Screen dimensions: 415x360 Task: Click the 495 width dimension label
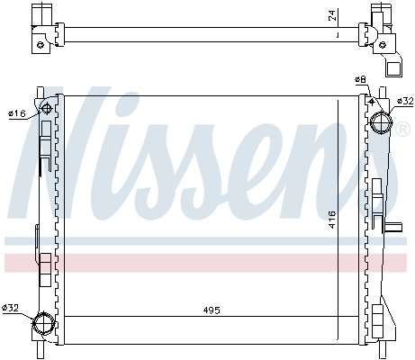tap(212, 310)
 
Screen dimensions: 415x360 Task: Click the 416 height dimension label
tap(332, 220)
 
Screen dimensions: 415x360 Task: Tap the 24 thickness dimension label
tap(332, 15)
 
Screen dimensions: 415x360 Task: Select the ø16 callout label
tap(17, 113)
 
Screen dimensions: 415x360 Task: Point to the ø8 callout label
tap(360, 79)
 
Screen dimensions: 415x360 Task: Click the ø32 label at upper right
tap(405, 101)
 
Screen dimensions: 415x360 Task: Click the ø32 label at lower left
tap(10, 308)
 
